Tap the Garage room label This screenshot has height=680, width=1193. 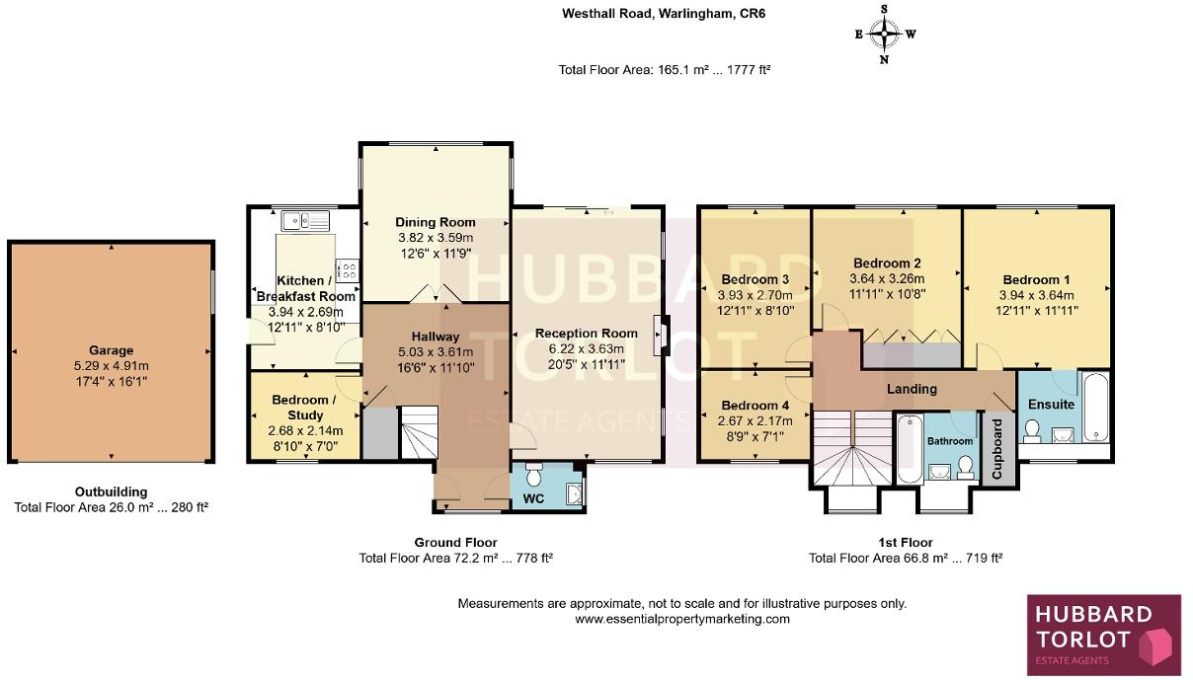(111, 350)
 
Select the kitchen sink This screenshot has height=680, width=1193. (305, 220)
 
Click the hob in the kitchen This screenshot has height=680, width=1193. (348, 270)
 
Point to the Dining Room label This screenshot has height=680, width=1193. (436, 222)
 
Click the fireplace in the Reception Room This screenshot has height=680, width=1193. (662, 336)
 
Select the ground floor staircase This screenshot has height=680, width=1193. (419, 432)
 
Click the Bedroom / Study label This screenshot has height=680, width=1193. (304, 407)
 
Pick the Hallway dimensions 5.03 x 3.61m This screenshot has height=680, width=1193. (436, 351)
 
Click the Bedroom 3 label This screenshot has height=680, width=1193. (756, 279)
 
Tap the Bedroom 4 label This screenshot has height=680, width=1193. (756, 406)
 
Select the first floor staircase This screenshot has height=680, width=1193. (852, 448)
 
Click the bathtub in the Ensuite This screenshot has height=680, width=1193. (1096, 407)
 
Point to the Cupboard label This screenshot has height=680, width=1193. (997, 448)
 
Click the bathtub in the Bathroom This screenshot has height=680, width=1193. (910, 448)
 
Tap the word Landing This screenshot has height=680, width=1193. (912, 389)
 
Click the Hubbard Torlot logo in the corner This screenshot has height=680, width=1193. (1104, 635)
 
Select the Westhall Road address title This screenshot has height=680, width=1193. (664, 13)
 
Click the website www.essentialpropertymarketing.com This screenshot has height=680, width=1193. (682, 620)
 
